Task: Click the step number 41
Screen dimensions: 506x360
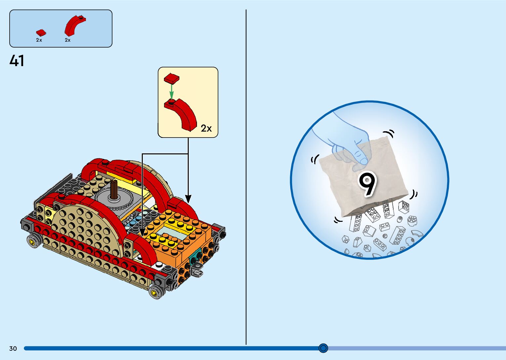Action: pos(17,61)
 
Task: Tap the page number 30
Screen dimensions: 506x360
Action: pos(13,348)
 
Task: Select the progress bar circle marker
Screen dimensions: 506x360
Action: pos(323,348)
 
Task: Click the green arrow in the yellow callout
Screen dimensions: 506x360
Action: pos(172,90)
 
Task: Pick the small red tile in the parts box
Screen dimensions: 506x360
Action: pos(41,33)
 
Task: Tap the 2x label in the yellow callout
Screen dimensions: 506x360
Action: pos(206,128)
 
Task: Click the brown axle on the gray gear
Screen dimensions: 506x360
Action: pos(114,190)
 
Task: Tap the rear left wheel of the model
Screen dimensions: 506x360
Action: pos(33,240)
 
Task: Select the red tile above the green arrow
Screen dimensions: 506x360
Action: pos(172,78)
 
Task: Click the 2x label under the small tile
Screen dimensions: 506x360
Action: pos(39,40)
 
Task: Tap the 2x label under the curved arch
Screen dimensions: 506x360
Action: pos(68,40)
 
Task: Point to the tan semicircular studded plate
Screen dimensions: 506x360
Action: pos(86,228)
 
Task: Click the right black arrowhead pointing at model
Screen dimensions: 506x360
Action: pos(188,199)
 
